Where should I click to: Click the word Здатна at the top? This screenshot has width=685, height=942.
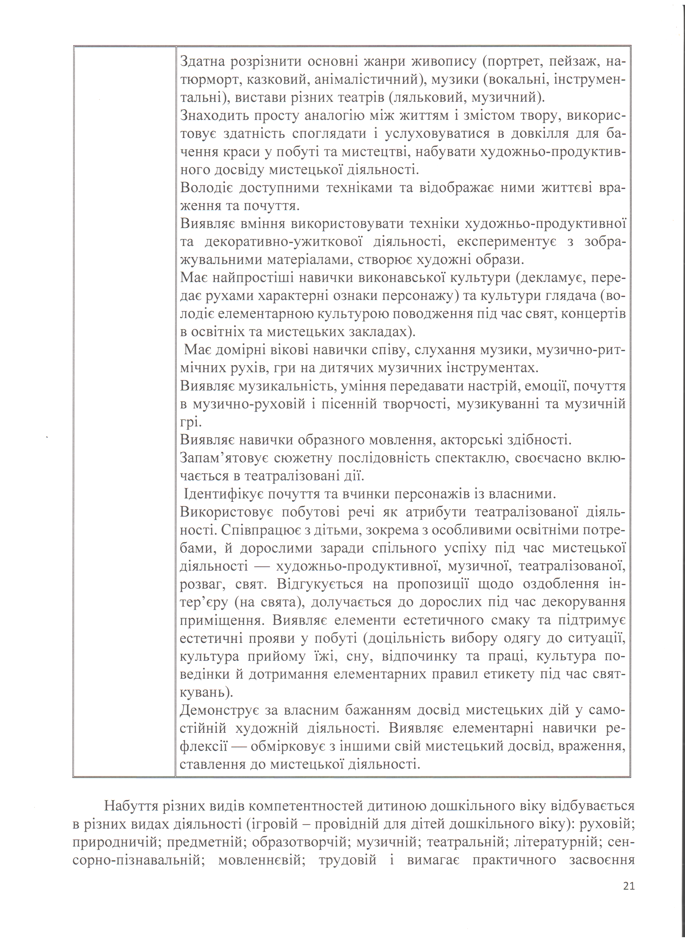click(202, 61)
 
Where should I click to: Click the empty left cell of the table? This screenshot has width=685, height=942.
click(124, 411)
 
